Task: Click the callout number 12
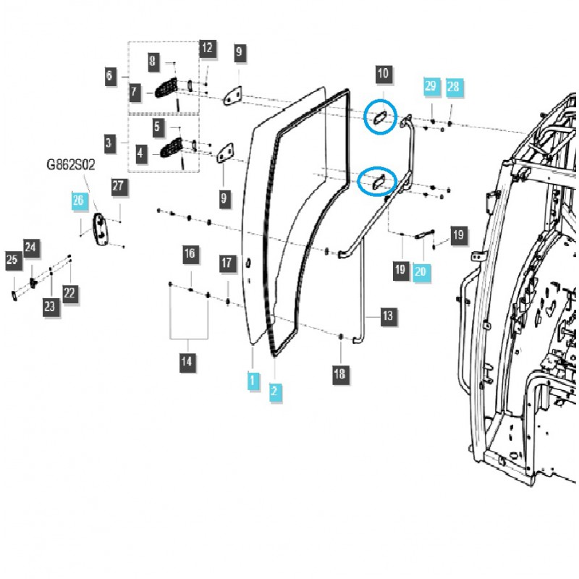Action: [x=207, y=48]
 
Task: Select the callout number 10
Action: [x=383, y=73]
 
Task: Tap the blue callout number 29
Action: [x=431, y=87]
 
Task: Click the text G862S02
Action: [x=71, y=164]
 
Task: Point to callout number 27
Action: [x=119, y=187]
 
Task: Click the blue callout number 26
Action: [x=77, y=200]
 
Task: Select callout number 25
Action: [x=12, y=260]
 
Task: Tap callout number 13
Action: [x=388, y=316]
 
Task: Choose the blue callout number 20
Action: [x=420, y=271]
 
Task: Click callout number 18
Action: [x=340, y=373]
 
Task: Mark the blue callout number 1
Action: [x=252, y=380]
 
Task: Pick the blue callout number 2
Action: [x=274, y=392]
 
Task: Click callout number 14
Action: [x=187, y=360]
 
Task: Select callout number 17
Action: [x=227, y=263]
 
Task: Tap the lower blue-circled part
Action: [x=378, y=181]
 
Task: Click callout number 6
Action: [x=110, y=75]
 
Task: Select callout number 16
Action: [x=189, y=254]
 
